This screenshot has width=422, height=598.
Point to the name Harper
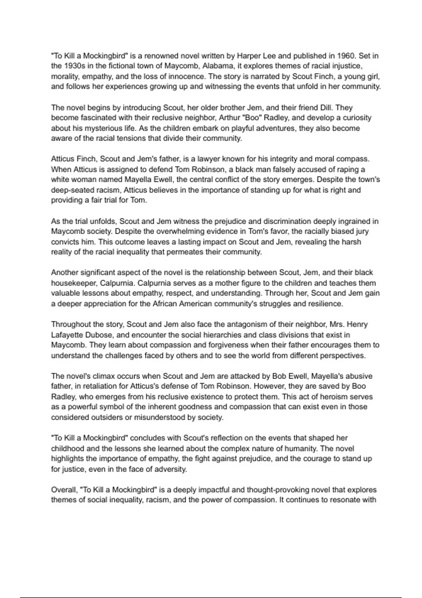tap(249, 56)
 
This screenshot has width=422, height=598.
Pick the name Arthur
tap(229, 118)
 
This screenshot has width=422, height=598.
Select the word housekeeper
tap(73, 283)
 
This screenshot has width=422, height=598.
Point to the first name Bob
tap(280, 376)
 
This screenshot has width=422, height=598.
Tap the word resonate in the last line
tap(349, 500)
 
